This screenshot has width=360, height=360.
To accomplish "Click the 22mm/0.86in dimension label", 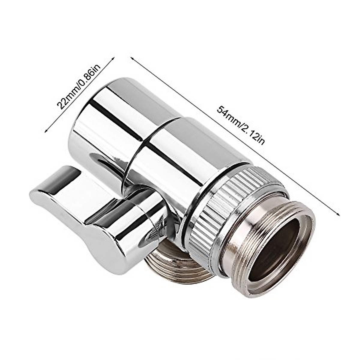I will [x=79, y=87].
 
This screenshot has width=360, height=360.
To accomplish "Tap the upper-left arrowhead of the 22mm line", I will [x=113, y=58].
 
